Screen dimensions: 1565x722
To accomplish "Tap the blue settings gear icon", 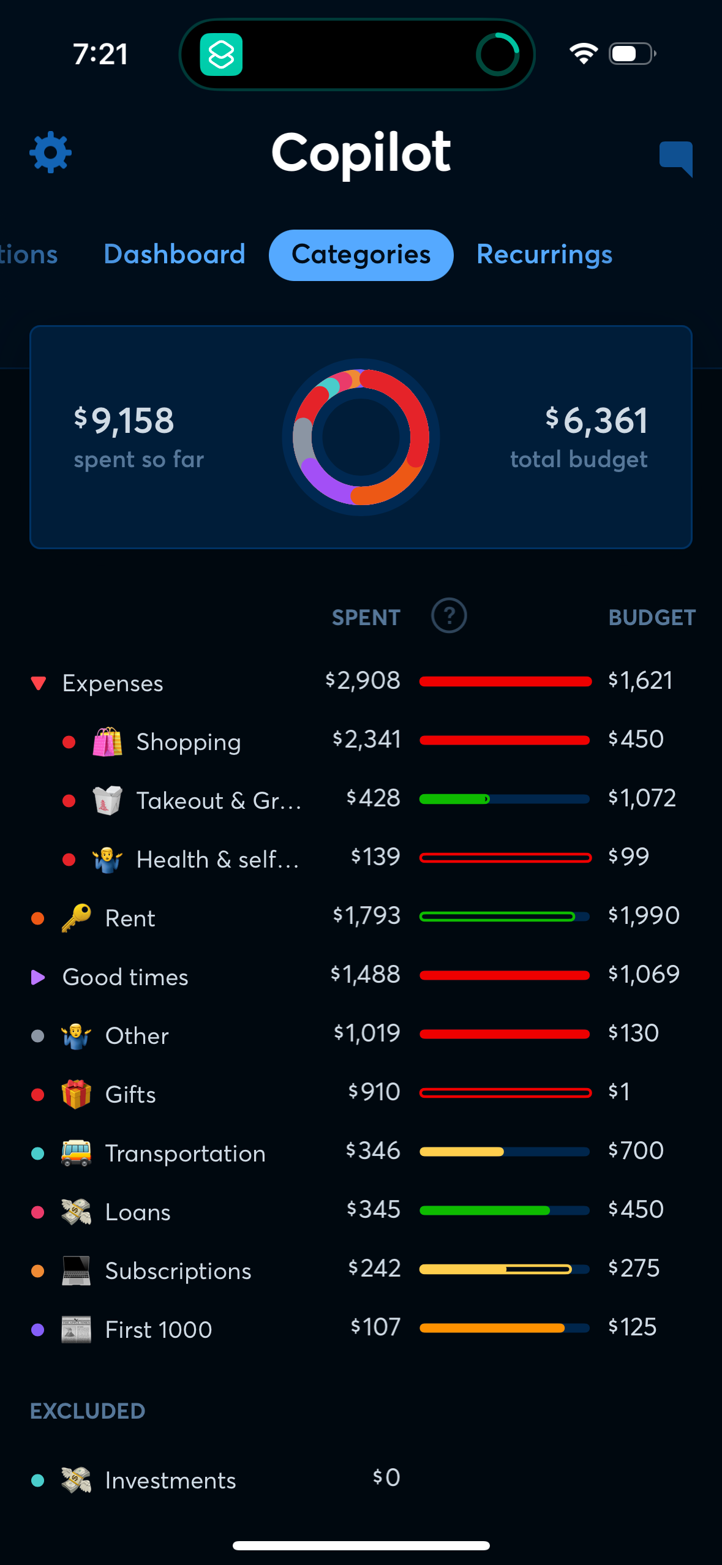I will click(51, 152).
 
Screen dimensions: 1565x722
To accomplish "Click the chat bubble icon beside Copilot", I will click(676, 157).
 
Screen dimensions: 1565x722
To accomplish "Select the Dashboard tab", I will click(175, 255).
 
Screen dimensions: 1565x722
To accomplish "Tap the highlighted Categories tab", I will click(361, 255).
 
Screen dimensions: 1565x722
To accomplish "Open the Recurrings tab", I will click(544, 255).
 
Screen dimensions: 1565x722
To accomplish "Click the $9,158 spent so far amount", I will click(125, 421).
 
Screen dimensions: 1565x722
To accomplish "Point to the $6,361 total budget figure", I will click(596, 421).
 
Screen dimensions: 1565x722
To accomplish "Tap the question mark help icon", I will click(449, 616).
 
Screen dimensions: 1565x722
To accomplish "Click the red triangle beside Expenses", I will click(39, 683).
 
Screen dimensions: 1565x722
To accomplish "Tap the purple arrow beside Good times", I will click(38, 977).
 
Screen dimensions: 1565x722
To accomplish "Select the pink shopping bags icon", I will click(107, 741).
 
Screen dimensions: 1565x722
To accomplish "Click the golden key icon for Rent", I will click(77, 918).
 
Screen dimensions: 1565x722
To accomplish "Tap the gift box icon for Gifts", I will click(77, 1094).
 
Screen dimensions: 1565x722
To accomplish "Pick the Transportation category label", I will click(186, 1154).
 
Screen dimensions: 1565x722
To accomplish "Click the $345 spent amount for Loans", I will click(374, 1210).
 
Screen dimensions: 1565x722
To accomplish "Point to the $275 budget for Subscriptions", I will click(634, 1268).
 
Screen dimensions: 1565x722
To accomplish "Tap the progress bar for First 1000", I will click(505, 1327).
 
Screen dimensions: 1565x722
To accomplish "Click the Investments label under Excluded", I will click(170, 1481).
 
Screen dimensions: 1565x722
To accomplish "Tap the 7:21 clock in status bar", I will click(101, 54).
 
